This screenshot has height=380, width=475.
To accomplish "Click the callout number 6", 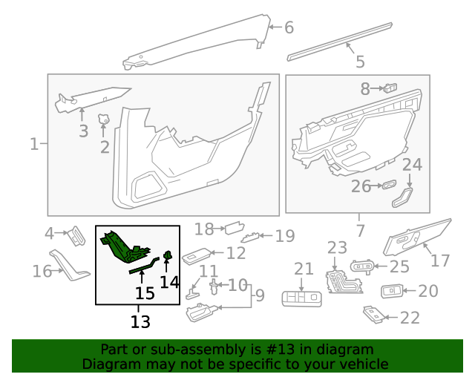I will click(289, 28).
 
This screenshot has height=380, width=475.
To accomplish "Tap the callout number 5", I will click(360, 62).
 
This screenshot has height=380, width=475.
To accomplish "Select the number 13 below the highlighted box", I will click(140, 321).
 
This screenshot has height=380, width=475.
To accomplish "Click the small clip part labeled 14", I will click(168, 257).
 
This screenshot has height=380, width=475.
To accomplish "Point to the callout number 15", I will click(145, 293).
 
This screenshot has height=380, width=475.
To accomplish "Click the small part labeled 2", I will click(104, 119).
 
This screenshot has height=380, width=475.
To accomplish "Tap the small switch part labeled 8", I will click(390, 88).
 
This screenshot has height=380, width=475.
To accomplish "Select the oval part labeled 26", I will click(389, 185).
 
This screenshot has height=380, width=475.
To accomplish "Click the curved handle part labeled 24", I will click(402, 198).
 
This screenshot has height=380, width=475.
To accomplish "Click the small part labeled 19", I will click(252, 237).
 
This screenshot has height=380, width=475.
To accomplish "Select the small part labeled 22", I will click(374, 316).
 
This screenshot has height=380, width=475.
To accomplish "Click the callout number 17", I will click(440, 261).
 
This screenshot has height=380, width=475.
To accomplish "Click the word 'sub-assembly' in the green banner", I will click(186, 350).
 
